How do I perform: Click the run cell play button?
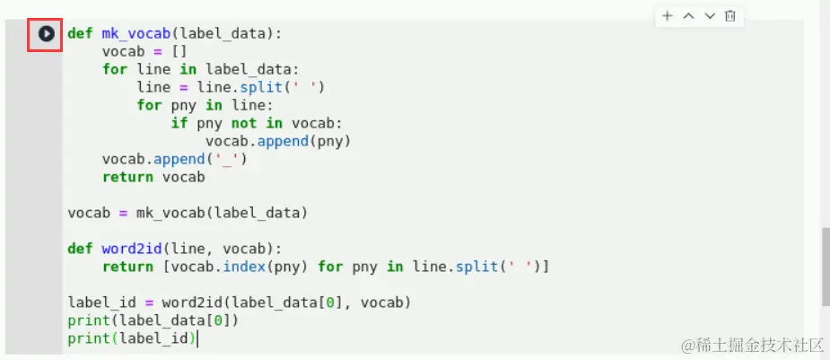[46, 34]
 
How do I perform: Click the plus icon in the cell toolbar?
[667, 16]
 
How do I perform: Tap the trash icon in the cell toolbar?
[730, 16]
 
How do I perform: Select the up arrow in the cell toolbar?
[688, 16]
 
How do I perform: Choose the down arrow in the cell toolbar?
[710, 16]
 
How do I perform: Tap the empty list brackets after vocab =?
[179, 51]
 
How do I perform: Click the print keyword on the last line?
[84, 338]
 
